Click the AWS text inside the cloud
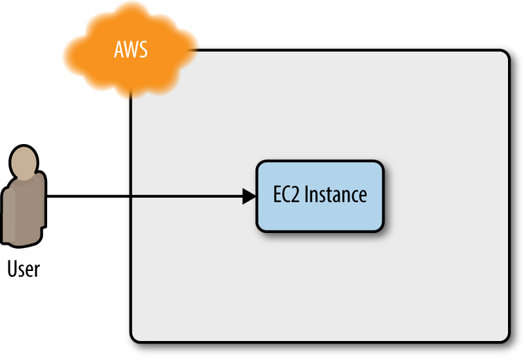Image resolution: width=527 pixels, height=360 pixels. click(x=130, y=50)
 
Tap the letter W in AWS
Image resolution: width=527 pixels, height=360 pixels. click(x=131, y=50)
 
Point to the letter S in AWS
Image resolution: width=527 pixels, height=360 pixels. click(x=144, y=50)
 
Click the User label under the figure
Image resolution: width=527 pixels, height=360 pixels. click(x=24, y=268)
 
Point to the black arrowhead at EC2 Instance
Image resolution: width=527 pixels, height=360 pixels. click(x=249, y=196)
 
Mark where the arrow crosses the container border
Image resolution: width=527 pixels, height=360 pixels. click(x=132, y=196)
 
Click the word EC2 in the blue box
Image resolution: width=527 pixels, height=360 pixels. click(x=287, y=195)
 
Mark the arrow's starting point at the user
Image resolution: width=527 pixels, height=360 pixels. click(x=48, y=196)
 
